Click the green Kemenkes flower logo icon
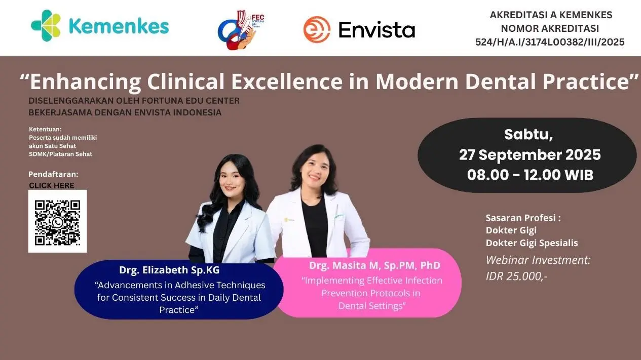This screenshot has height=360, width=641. (46, 25)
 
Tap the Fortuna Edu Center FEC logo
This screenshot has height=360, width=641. (241, 30)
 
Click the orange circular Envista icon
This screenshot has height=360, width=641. (317, 29)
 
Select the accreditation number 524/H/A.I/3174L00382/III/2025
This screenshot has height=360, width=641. (550, 42)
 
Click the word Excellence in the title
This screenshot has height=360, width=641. (287, 82)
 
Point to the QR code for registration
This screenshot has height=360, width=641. (58, 221)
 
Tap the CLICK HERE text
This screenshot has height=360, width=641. (52, 186)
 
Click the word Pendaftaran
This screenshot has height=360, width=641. (53, 174)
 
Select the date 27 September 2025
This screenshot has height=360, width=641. (530, 155)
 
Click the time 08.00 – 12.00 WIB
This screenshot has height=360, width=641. (530, 175)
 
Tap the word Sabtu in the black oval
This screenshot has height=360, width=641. (528, 134)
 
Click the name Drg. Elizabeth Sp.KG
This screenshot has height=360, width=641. (169, 270)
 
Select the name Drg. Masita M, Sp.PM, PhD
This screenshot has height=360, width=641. (374, 266)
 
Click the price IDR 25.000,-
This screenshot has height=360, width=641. (516, 276)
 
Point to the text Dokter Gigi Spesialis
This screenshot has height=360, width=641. (532, 243)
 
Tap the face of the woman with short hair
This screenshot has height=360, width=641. (315, 169)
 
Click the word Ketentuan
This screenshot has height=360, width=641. (45, 129)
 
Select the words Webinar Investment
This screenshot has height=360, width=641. (538, 260)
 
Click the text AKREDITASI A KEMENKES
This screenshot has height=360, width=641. (551, 15)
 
